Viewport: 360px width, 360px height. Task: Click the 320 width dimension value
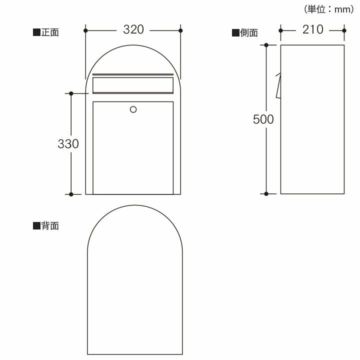133,29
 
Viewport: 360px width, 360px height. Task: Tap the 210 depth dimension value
312,29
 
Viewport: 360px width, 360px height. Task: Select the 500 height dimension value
263,119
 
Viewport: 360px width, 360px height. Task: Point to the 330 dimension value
68,144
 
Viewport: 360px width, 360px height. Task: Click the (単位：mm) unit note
329,9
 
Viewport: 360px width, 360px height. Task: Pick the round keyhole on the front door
133,109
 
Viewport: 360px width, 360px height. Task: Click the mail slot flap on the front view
133,85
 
